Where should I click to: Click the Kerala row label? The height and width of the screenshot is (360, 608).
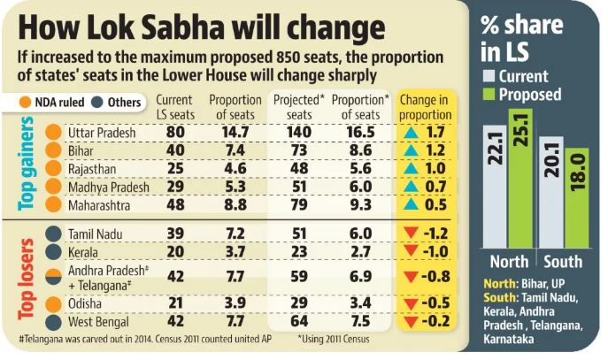point(86,251)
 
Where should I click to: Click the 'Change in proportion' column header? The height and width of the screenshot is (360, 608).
point(426,108)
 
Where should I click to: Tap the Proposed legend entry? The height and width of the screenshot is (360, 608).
point(529,94)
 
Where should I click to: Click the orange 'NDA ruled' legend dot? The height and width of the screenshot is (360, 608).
point(29,102)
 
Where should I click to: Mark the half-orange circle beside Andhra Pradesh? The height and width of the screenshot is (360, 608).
point(54,276)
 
